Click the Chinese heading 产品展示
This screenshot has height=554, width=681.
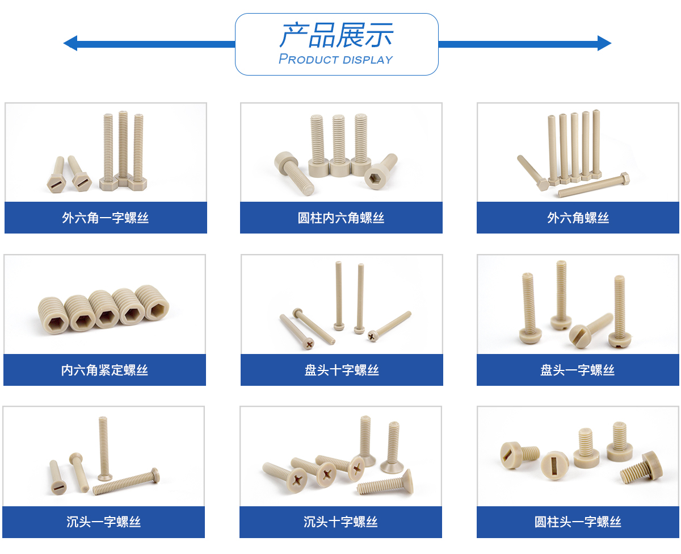[337, 35]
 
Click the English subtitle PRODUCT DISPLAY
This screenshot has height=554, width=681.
[336, 59]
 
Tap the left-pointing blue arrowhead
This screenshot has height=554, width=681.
[70, 43]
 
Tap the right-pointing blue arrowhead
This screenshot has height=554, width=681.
[604, 43]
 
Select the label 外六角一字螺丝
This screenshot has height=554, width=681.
[106, 218]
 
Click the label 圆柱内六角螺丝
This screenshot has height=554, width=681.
[341, 218]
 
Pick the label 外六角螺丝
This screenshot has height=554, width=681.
[578, 218]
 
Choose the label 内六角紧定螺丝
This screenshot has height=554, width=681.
[104, 370]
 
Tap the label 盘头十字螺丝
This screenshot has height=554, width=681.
[342, 370]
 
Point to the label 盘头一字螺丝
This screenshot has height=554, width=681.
[577, 370]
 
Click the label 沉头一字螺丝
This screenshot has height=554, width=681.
[104, 522]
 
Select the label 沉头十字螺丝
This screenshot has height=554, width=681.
[341, 522]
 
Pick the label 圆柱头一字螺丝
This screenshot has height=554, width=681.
[578, 522]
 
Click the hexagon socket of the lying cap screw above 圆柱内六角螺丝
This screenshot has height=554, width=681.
[377, 178]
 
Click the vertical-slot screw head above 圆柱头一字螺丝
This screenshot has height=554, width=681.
[554, 466]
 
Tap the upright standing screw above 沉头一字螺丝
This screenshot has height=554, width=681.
[104, 448]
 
